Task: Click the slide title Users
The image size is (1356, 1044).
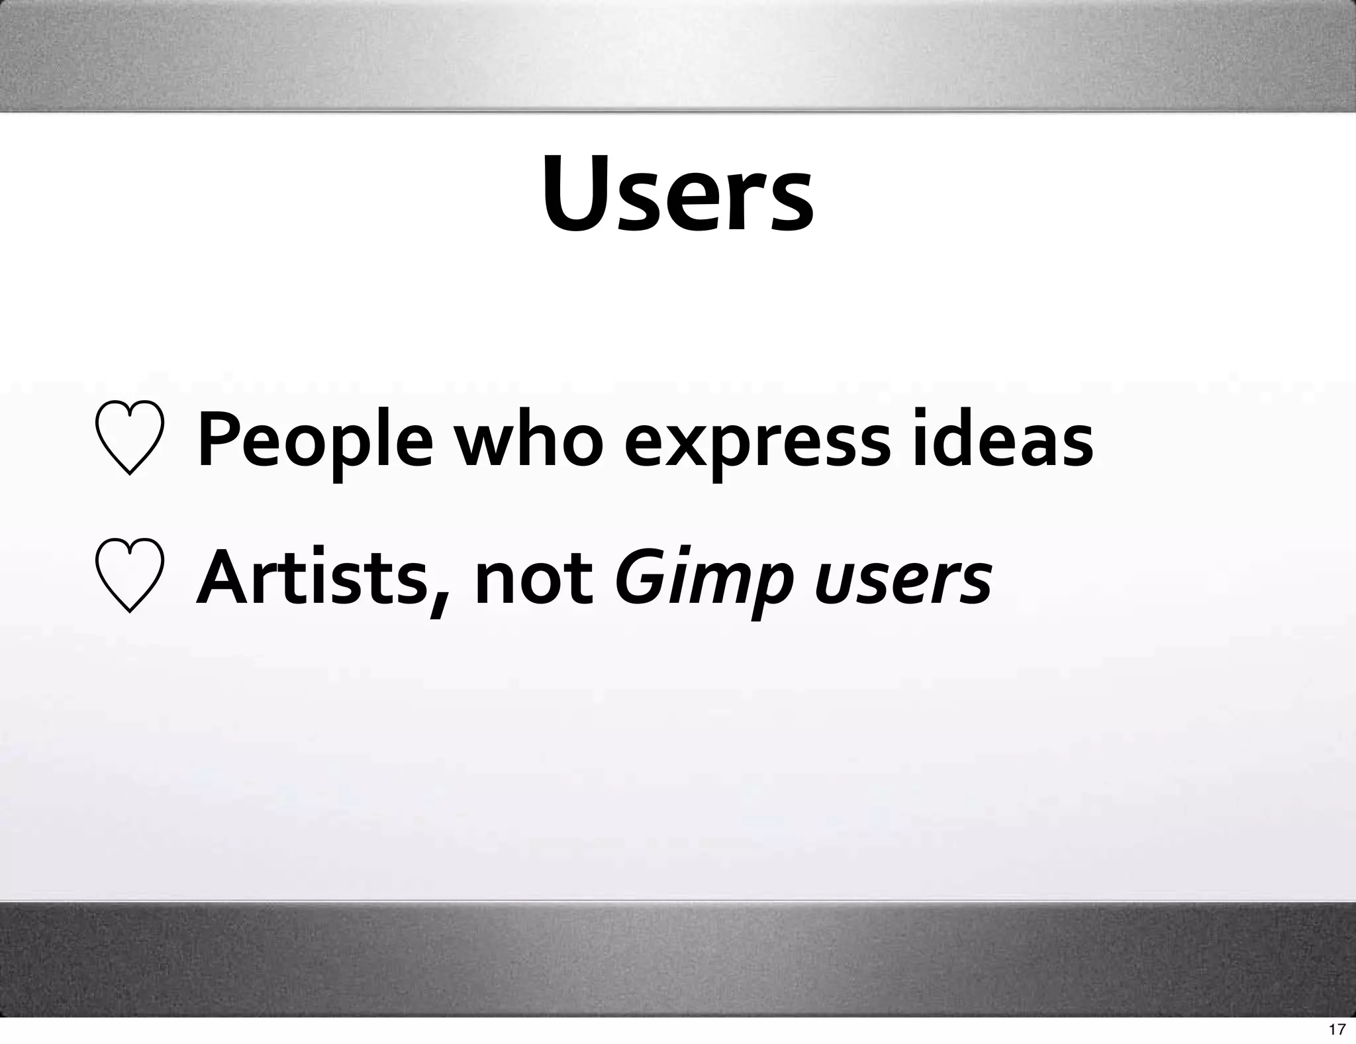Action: click(x=678, y=195)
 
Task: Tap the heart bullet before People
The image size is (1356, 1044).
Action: click(x=130, y=439)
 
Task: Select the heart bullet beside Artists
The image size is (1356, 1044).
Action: click(x=130, y=576)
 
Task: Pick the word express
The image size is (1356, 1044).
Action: click(x=757, y=444)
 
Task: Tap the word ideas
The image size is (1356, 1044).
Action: click(x=1001, y=439)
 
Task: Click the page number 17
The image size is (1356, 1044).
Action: click(x=1337, y=1029)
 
